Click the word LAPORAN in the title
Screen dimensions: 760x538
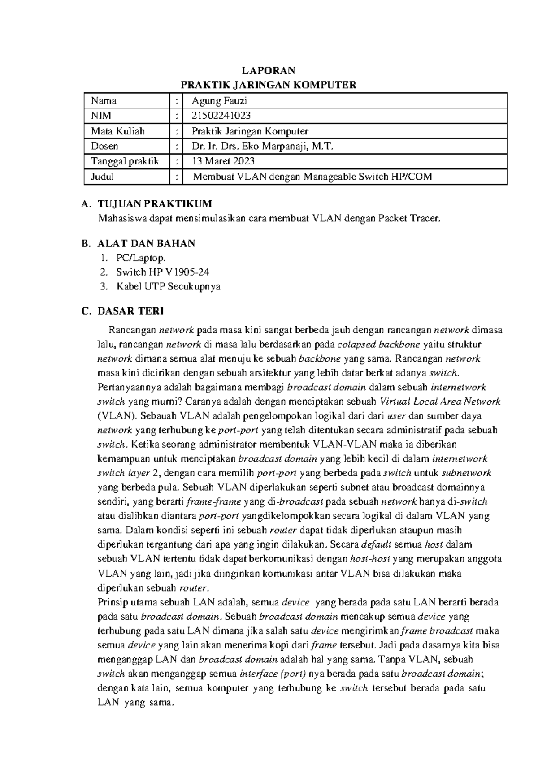[x=268, y=70]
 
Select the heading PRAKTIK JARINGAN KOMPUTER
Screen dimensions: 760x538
[x=268, y=85]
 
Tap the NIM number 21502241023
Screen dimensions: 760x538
[x=221, y=116]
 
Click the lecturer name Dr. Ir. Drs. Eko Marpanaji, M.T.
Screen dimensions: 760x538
[x=263, y=146]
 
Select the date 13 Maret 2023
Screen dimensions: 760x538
[x=223, y=161]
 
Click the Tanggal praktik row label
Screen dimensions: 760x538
[x=125, y=161]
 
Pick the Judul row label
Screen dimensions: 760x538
[x=102, y=177]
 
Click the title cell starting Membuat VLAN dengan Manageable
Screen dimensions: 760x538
[x=312, y=177]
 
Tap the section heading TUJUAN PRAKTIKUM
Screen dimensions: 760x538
[x=155, y=204]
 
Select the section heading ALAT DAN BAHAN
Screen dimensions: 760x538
[x=146, y=244]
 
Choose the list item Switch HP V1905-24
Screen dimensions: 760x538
[x=163, y=272]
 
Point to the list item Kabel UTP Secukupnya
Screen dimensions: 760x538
[x=168, y=286]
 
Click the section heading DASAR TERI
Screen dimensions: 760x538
[x=130, y=311]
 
